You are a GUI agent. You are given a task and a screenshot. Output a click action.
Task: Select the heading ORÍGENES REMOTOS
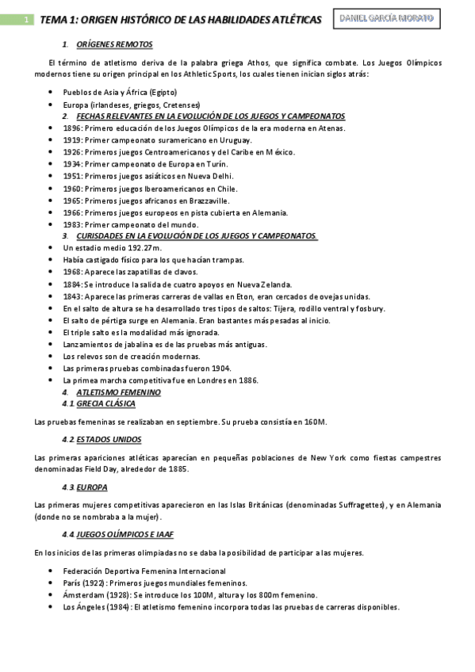coord(114,44)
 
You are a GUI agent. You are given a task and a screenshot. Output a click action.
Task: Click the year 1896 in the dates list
coord(72,128)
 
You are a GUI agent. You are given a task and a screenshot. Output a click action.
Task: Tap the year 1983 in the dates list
coord(72,225)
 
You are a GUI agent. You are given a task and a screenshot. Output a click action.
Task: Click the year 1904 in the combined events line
coord(220,368)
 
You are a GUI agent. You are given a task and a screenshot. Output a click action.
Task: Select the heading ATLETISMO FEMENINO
coord(119,392)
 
